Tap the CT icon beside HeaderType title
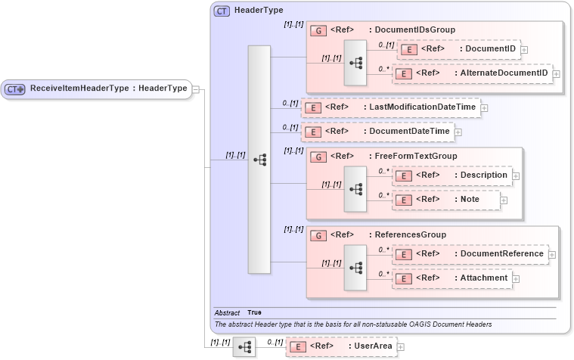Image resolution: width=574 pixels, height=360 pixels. point(222,11)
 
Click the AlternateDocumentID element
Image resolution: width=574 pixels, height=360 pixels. point(473,73)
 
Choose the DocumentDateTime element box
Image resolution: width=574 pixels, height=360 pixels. point(377,132)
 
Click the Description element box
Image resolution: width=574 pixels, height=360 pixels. point(452,175)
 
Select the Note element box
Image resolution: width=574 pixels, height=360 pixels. point(446,200)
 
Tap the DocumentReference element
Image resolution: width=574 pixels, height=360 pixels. point(470,254)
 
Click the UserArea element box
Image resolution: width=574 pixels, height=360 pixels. point(341,346)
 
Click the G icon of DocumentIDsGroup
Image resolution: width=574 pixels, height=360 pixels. point(318,31)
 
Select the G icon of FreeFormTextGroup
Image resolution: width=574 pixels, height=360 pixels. point(318,157)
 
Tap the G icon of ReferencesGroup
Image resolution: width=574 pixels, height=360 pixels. point(318,235)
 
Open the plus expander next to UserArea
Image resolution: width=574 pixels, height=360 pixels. point(401,347)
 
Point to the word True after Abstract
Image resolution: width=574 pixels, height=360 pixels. point(255,312)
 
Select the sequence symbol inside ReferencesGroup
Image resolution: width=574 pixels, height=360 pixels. point(355,266)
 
